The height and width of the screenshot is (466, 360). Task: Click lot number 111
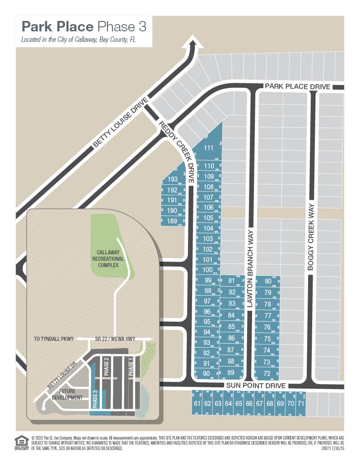click(x=208, y=147)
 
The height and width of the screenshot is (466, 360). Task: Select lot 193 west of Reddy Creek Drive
click(x=172, y=179)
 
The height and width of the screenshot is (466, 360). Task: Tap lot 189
click(x=172, y=221)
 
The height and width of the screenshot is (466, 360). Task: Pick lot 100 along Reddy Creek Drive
click(x=207, y=270)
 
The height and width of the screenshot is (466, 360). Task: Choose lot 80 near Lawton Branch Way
click(x=268, y=281)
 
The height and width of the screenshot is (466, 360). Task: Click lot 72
click(x=267, y=374)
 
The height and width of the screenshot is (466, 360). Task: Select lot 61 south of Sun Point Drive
click(x=197, y=403)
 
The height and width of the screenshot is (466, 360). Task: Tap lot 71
click(x=300, y=403)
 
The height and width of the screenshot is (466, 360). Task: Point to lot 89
click(x=231, y=373)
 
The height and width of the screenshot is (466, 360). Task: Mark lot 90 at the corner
click(x=206, y=373)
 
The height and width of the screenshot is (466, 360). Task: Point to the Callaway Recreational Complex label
click(x=107, y=258)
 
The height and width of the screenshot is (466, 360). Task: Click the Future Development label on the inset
click(x=70, y=394)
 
